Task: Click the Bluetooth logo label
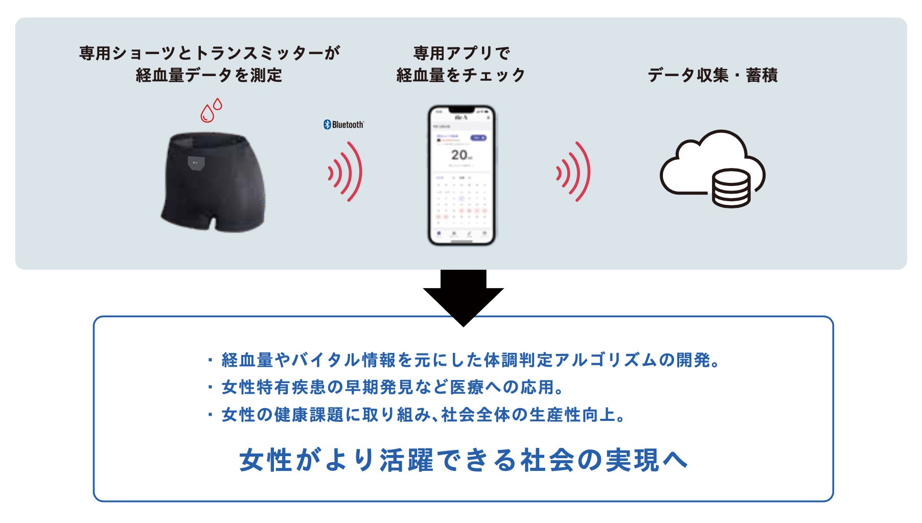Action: (x=343, y=125)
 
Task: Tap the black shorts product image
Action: (x=214, y=181)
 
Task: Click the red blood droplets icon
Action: (x=211, y=110)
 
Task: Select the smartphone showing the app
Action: (x=462, y=175)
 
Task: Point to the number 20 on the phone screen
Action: (x=459, y=155)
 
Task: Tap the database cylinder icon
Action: (x=731, y=187)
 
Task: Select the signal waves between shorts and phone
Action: (x=345, y=172)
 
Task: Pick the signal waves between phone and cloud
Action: (x=573, y=172)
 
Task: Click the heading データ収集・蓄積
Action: (x=712, y=75)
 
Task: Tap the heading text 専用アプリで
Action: (x=461, y=53)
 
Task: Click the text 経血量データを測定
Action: (x=209, y=76)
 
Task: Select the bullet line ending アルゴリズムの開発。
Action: (x=464, y=360)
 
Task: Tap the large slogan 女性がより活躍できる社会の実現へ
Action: (x=463, y=460)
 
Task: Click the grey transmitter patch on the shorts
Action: (x=196, y=163)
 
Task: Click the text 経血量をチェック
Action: (x=461, y=76)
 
